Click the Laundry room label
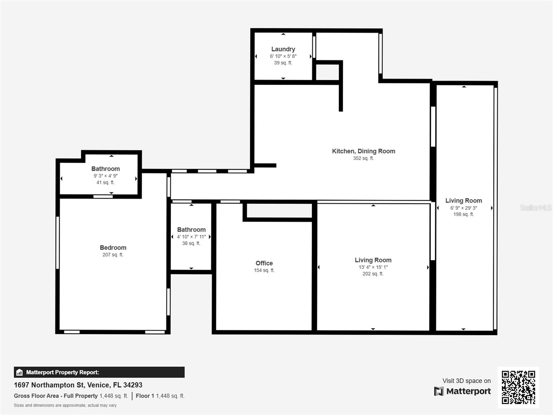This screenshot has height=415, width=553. pos(283,49)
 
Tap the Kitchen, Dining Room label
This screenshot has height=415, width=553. pos(363,151)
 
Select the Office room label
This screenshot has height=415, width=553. pos(264,263)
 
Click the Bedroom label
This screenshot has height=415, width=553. pos(113,248)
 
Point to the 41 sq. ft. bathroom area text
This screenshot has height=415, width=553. pos(105,182)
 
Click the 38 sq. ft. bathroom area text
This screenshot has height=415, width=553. pos(191,243)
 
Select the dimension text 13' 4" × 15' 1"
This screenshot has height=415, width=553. pos(373,267)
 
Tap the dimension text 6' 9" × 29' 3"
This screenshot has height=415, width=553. pos(463,208)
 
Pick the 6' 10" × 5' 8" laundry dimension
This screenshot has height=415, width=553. pos(283,56)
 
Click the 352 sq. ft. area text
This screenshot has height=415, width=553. pos(363,158)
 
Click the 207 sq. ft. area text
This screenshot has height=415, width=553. pos(113,255)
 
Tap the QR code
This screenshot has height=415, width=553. pos(518,387)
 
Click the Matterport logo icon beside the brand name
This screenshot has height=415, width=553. pos(439,391)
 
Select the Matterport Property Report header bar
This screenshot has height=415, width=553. pos(99,372)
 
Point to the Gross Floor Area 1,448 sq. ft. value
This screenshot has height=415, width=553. pos(114,396)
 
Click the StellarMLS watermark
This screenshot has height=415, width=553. pos(535,207)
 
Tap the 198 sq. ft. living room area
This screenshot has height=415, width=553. pos(463,214)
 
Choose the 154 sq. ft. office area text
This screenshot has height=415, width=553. pos(264,270)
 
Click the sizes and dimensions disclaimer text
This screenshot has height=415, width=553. pos(65,405)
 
